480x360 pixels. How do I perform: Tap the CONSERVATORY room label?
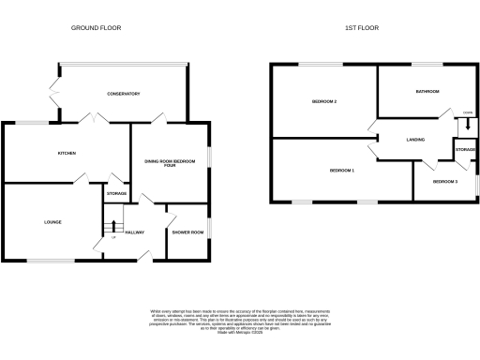124,94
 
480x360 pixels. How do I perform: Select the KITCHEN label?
65,153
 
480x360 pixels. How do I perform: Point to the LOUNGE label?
52,222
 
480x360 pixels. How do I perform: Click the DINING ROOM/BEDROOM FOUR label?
170,163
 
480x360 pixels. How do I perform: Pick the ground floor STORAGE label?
116,194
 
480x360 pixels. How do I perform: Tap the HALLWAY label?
134,232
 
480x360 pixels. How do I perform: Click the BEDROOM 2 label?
324,101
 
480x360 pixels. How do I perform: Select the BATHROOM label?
427,92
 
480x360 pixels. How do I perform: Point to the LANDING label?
416,140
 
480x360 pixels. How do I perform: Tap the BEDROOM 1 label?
342,171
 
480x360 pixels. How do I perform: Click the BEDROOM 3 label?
445,181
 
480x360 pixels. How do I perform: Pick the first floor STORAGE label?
466,150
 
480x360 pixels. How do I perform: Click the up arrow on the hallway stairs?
114,227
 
